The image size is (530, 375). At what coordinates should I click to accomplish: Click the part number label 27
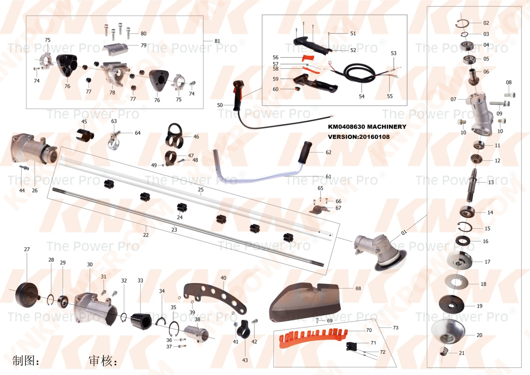27,249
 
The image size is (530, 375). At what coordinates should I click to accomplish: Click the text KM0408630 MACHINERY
367,127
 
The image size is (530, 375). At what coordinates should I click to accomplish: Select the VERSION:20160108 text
359,137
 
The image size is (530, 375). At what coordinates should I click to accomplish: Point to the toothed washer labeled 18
459,282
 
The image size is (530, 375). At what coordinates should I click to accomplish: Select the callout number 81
217,41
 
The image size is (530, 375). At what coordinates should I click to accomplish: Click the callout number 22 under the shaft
146,235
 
